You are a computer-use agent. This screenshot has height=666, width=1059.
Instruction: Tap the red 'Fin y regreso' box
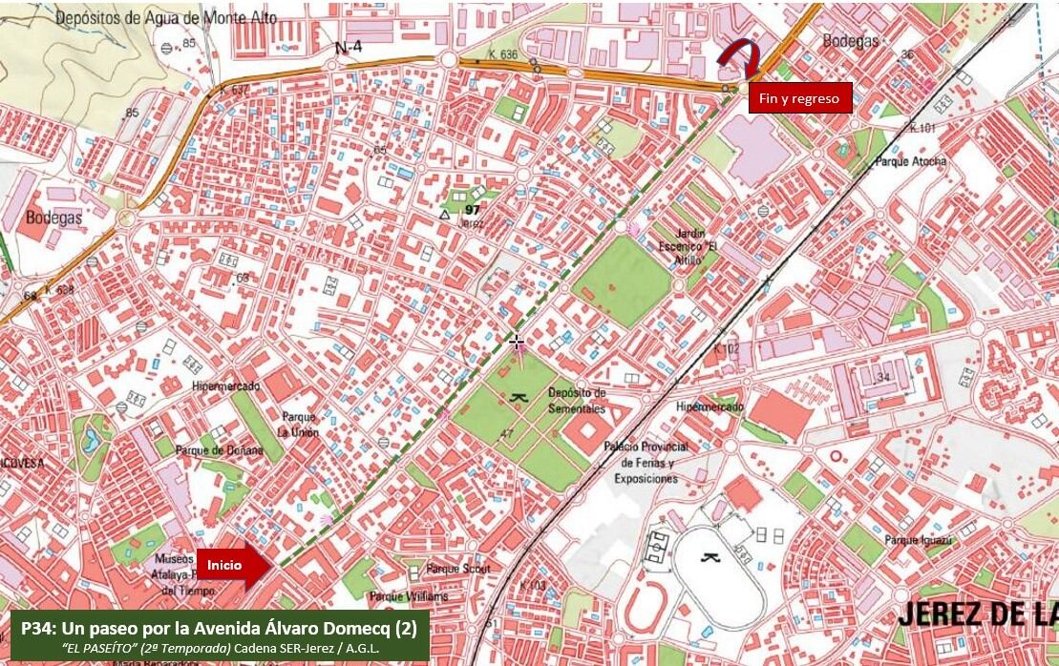point(799,98)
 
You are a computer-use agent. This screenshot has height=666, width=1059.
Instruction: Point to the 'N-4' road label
point(349,46)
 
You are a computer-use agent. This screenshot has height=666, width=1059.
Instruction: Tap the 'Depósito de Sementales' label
point(577,401)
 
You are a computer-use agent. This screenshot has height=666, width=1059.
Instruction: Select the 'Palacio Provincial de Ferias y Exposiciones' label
point(646,462)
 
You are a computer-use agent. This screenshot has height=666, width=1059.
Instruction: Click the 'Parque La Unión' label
point(299,425)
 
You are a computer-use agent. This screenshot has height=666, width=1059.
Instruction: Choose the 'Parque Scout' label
point(458,569)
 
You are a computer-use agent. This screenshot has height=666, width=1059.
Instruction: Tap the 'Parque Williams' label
point(409,596)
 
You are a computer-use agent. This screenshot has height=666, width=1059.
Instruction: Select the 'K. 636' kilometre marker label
point(501,55)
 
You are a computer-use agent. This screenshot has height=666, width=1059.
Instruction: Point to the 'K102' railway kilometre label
point(726,349)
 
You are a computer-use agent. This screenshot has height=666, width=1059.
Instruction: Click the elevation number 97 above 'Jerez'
point(472,210)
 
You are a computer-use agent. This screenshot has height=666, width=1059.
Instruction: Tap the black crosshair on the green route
point(517,342)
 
